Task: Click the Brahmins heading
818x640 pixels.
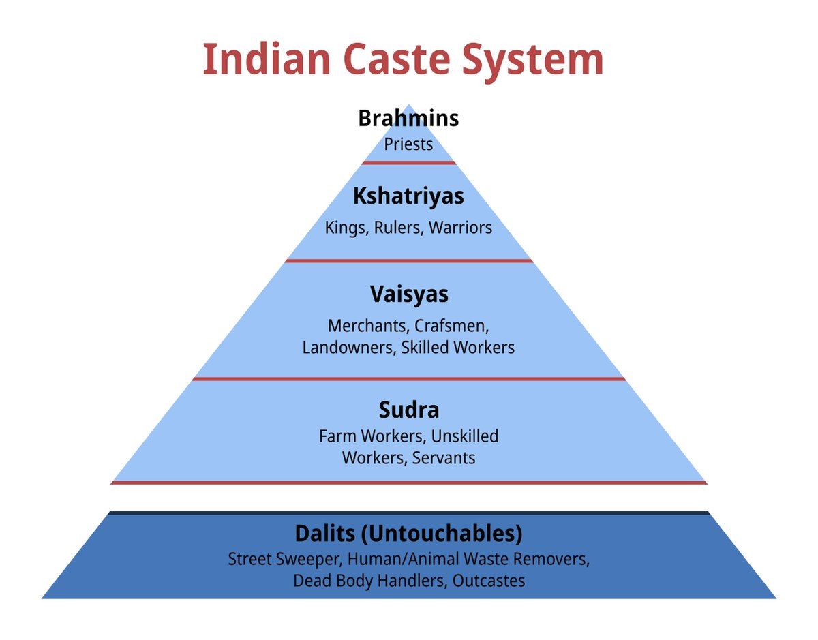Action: [x=408, y=119]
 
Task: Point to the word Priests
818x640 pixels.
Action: [x=408, y=144]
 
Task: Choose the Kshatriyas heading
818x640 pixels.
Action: [x=408, y=196]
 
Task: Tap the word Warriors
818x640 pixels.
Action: [x=460, y=228]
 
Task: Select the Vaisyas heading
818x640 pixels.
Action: [x=409, y=294]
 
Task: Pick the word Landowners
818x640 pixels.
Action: [x=348, y=347]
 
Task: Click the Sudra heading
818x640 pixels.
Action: [x=409, y=410]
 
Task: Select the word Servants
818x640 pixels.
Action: [x=444, y=457]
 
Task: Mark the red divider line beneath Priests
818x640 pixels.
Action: [x=408, y=163]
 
